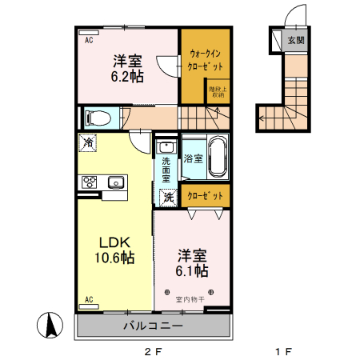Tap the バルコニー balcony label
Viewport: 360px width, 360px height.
coord(153,326)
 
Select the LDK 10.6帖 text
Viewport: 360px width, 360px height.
coord(115,250)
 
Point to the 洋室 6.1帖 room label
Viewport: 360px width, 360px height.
coord(192,263)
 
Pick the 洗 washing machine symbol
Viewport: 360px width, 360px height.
coord(169,196)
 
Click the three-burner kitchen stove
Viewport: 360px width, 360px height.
coord(88,182)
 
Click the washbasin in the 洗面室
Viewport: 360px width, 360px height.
coord(166,147)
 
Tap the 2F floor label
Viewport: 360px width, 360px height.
coord(153,350)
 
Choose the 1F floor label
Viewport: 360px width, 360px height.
coord(282,350)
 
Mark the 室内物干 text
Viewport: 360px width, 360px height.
coord(190,299)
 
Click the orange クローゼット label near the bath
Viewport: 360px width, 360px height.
coord(206,195)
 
